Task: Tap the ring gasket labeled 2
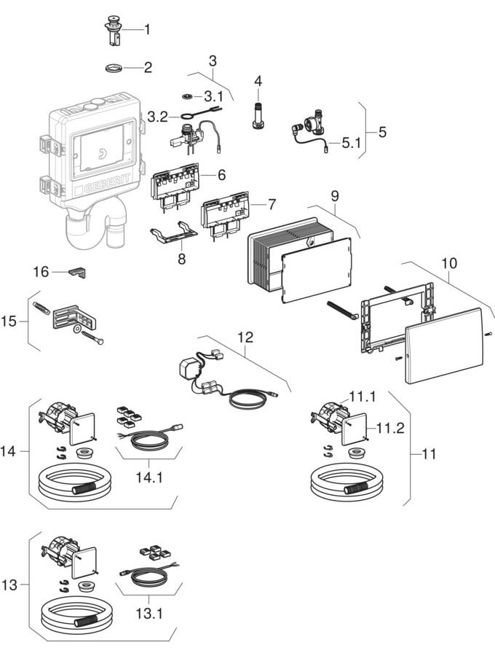pyautogui.click(x=112, y=69)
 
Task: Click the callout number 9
pyautogui.click(x=334, y=195)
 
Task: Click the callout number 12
pyautogui.click(x=245, y=337)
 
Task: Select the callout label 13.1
pyautogui.click(x=149, y=613)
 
